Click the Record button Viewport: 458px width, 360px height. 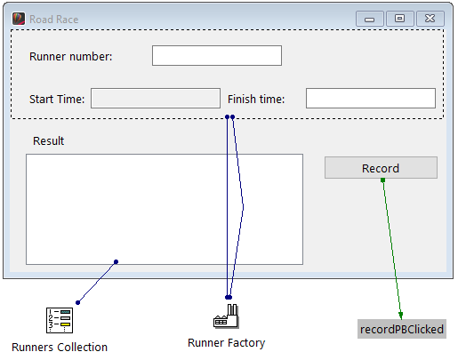(x=380, y=168)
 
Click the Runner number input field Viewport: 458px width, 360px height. (x=216, y=56)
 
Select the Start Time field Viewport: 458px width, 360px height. (x=155, y=99)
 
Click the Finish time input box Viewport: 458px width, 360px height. (x=370, y=99)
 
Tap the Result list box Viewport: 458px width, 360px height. (x=164, y=209)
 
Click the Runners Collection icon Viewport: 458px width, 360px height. (x=59, y=319)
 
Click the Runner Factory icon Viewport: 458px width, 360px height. (x=227, y=316)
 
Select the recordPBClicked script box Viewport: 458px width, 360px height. (x=401, y=329)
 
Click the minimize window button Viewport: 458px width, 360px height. (x=369, y=18)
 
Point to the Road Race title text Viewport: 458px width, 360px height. (x=53, y=19)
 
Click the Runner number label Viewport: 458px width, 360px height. (x=71, y=57)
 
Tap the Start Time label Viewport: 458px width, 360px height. (x=57, y=100)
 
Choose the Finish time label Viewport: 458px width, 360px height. (x=256, y=100)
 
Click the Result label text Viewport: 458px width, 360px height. (x=48, y=141)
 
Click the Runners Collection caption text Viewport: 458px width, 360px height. (x=60, y=347)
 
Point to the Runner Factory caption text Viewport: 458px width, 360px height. (x=226, y=342)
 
